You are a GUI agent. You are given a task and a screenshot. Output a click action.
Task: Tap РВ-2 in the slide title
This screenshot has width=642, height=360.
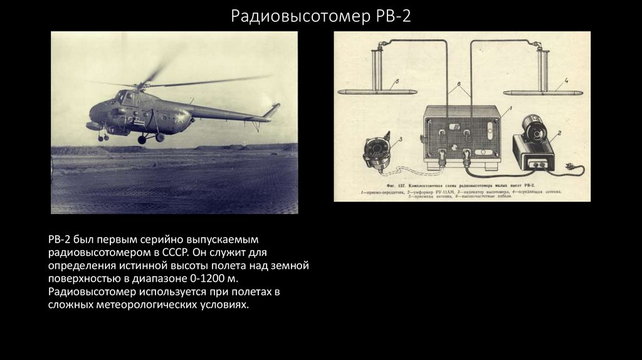[x=392, y=16]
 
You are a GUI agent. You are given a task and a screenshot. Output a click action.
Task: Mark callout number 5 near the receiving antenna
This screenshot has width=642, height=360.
[x=396, y=82]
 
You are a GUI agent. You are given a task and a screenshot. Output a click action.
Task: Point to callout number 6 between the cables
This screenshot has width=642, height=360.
[x=458, y=84]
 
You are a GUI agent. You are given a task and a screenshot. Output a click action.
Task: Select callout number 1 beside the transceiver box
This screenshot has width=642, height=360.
[x=510, y=109]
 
